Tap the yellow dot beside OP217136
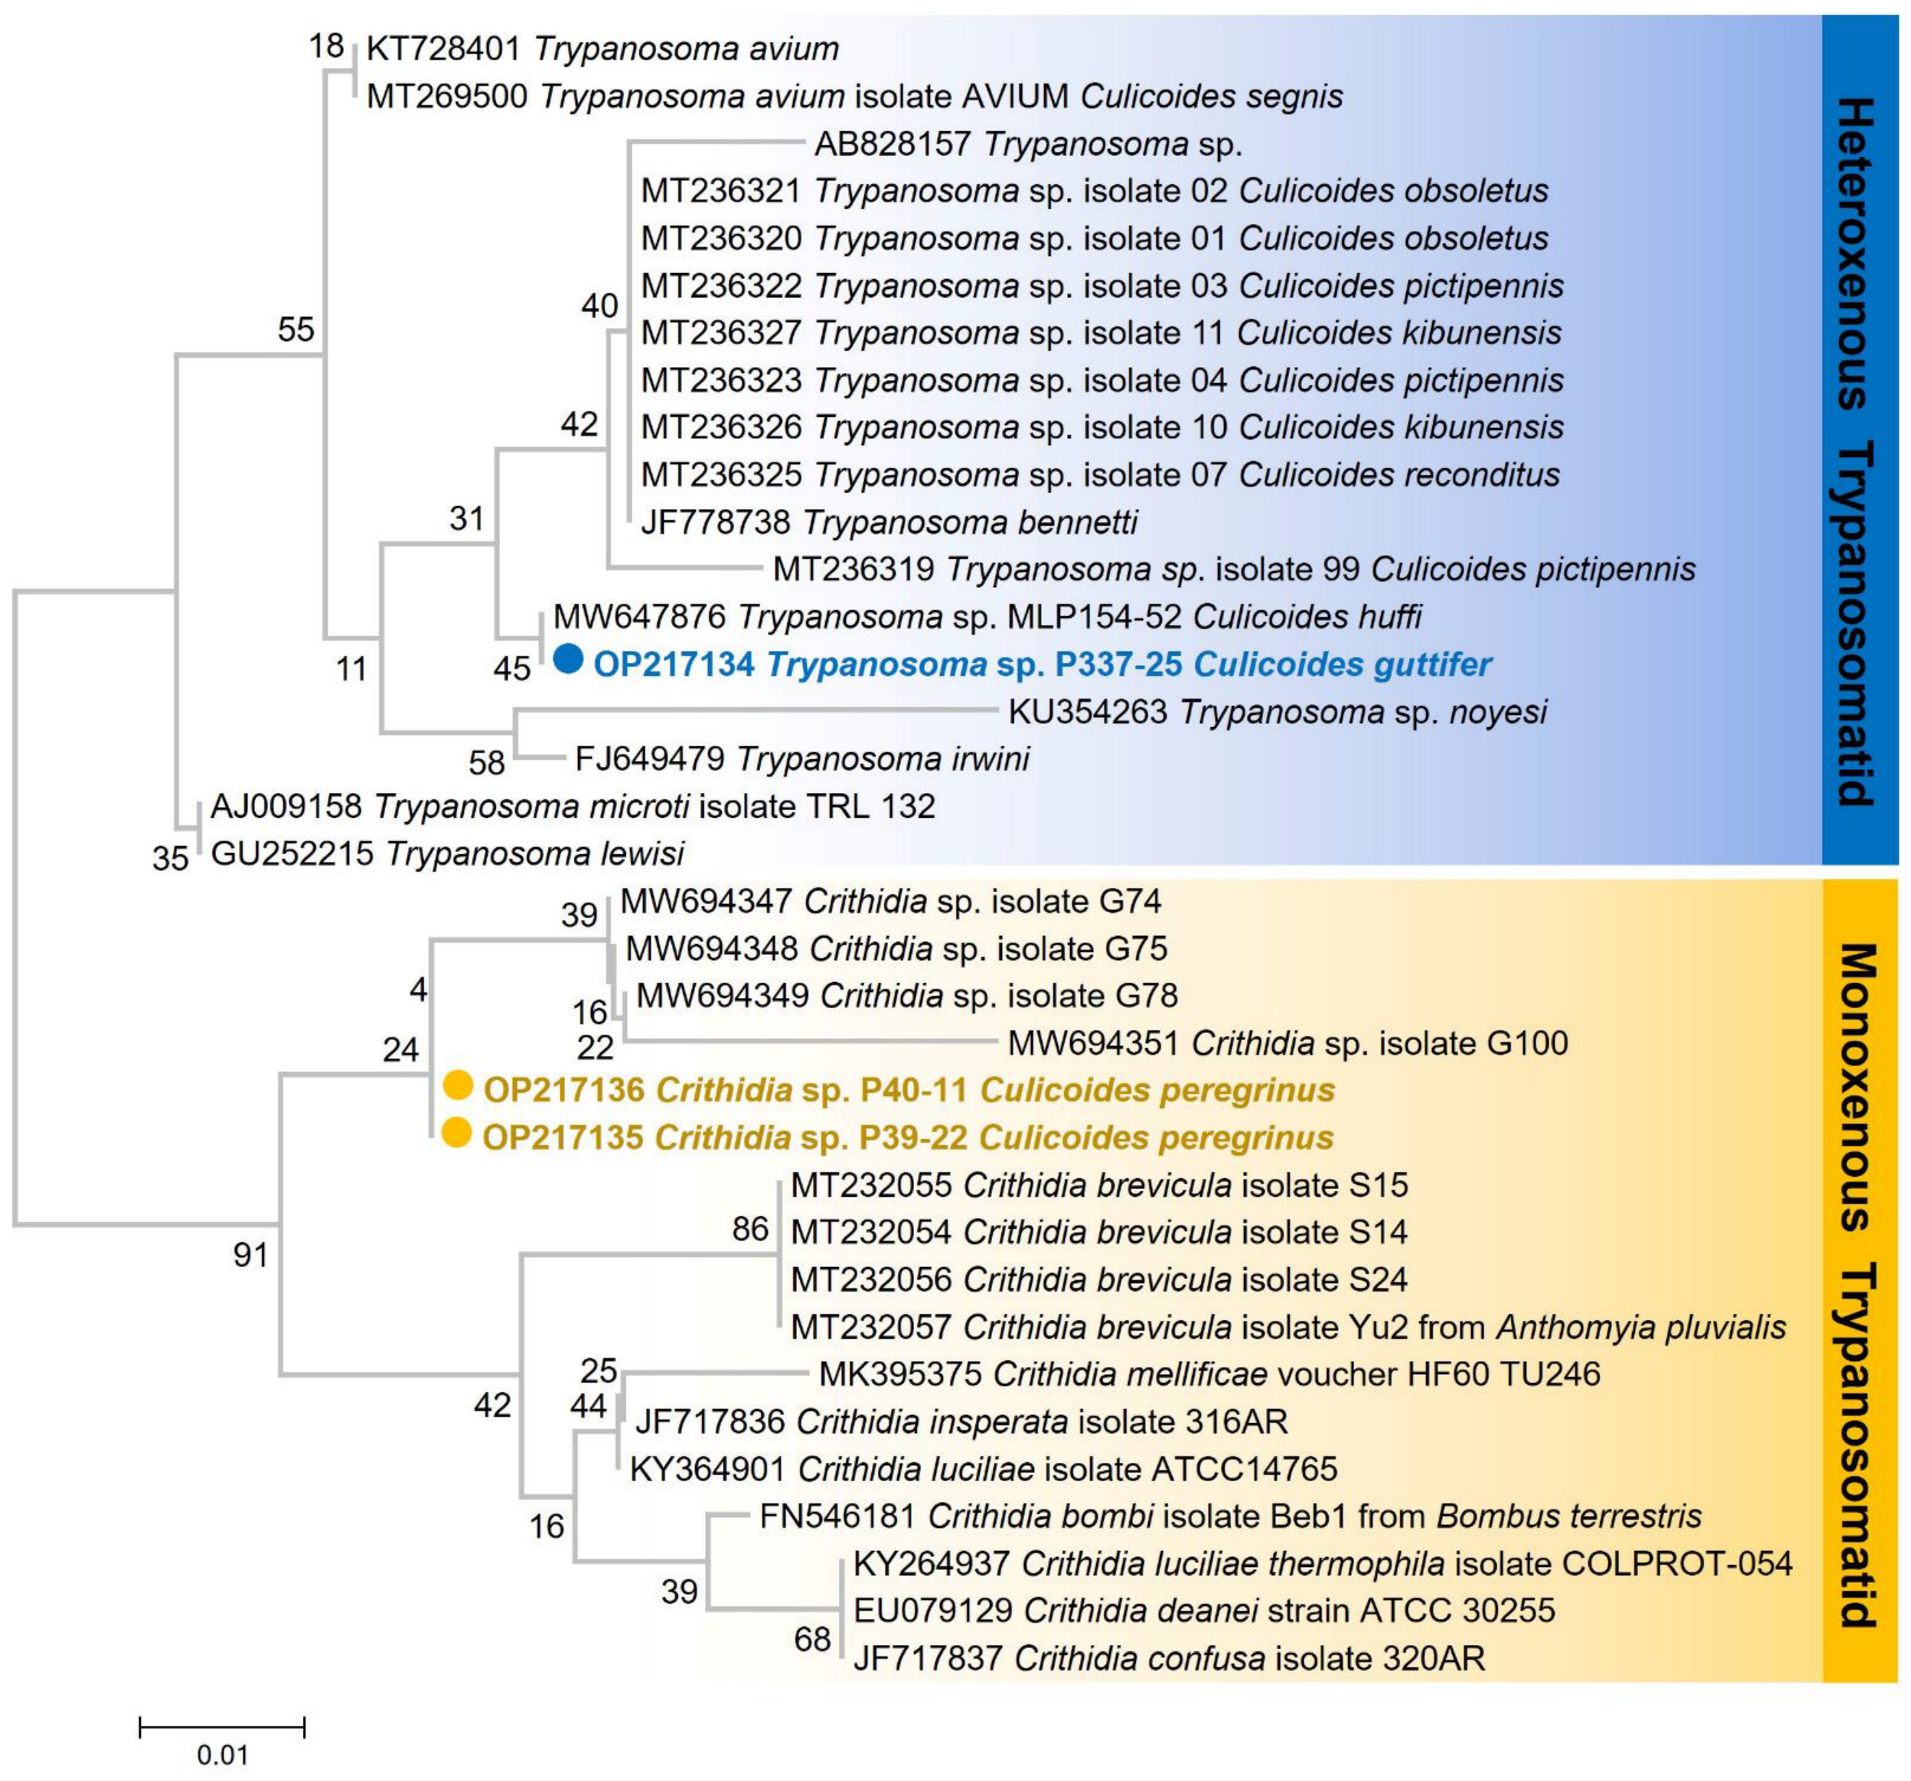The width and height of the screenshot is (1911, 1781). [x=459, y=1086]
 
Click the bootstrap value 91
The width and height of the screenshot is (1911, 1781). [x=251, y=1255]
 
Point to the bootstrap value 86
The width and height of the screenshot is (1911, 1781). [x=750, y=1229]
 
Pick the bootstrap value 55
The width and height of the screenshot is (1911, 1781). [x=296, y=330]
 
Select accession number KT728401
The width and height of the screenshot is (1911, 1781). [x=443, y=48]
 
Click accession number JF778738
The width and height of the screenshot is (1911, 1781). [x=715, y=522]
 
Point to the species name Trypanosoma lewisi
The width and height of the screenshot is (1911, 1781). [x=535, y=854]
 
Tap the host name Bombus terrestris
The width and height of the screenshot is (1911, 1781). [x=1569, y=1516]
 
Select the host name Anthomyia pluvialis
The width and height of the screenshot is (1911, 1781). [x=1641, y=1327]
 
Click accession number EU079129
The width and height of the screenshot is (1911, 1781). [x=933, y=1611]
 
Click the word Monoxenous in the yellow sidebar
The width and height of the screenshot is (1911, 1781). [x=1859, y=1086]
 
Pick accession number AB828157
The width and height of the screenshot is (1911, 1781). [x=893, y=145]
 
